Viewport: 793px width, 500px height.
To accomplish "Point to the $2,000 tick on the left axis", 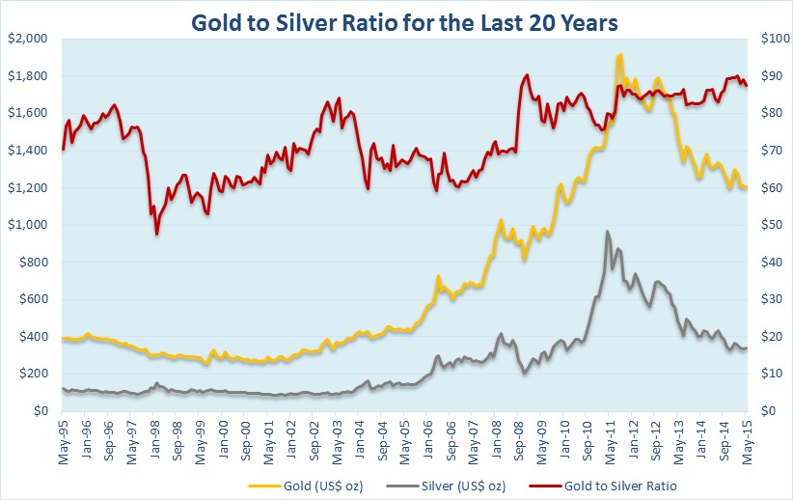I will [x=27, y=39].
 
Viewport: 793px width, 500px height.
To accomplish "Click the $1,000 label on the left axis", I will [x=27, y=225].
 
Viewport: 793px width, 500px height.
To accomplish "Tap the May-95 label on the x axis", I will [x=64, y=439].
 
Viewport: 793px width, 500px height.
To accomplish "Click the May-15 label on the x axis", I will [x=748, y=439].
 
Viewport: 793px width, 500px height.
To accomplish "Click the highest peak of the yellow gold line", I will [x=618, y=55].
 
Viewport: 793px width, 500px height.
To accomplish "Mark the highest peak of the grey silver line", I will [x=607, y=232].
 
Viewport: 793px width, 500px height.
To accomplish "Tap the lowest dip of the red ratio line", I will [x=156, y=234].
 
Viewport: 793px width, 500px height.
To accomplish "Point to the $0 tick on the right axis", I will [x=768, y=411].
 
